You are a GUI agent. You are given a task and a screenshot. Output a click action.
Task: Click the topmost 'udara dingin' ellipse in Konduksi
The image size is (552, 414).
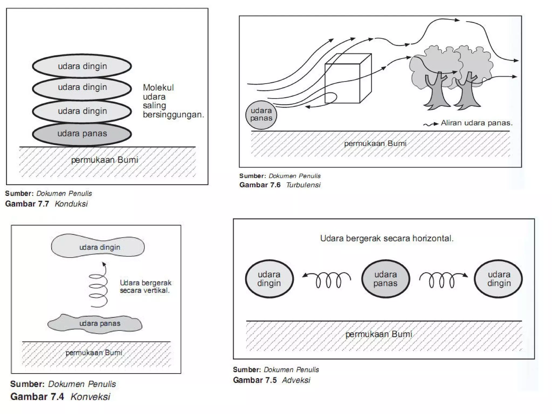tap(82, 66)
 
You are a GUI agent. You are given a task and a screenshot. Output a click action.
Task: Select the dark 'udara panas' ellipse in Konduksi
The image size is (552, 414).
tap(82, 134)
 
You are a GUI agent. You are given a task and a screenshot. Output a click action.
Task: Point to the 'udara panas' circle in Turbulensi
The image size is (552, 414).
tap(261, 115)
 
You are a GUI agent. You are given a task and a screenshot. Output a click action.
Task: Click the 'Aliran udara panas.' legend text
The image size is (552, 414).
tap(476, 123)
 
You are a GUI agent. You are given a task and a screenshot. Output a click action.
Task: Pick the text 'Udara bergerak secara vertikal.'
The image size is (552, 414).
tap(146, 287)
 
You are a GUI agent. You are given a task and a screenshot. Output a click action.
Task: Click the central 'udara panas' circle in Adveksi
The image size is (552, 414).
tap(385, 279)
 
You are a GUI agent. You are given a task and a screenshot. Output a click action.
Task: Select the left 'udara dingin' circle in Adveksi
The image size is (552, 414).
tap(269, 279)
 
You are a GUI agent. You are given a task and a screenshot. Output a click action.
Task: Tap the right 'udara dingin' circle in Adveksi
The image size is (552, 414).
tap(499, 279)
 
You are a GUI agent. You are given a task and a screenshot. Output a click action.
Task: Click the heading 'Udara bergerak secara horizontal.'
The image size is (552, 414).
tap(387, 239)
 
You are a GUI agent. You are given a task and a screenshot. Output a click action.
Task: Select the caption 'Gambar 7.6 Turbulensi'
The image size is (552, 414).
tap(280, 185)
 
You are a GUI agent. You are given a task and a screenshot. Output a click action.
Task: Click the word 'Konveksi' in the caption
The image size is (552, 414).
tap(90, 397)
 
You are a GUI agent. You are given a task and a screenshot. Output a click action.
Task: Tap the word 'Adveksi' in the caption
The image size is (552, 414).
tap(296, 380)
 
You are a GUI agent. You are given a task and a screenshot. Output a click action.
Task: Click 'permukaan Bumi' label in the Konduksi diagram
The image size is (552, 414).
tap(105, 160)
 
